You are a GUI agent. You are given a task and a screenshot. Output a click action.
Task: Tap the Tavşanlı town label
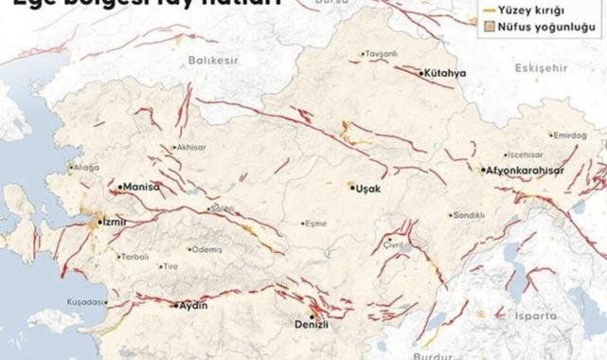(x=382, y=53)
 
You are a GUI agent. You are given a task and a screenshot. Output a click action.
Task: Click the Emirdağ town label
(x=570, y=135)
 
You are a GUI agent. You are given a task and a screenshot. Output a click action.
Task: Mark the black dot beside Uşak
(x=351, y=188)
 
